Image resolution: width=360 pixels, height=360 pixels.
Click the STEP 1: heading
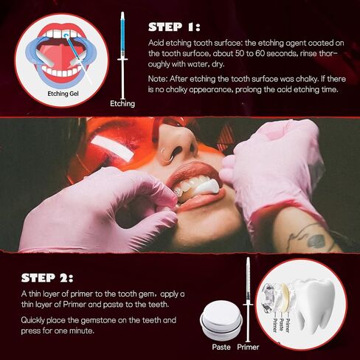pyautogui.click(x=174, y=27)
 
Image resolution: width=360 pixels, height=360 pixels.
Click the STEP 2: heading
pyautogui.click(x=47, y=278)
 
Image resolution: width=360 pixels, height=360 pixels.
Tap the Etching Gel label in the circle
pyautogui.click(x=63, y=94)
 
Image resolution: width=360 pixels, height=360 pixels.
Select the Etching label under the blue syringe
pyautogui.click(x=122, y=103)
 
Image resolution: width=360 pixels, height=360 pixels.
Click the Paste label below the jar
pyautogui.click(x=221, y=347)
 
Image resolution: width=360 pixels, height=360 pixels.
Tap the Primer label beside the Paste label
pyautogui.click(x=248, y=347)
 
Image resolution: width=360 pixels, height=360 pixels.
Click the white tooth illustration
pyautogui.click(x=312, y=305)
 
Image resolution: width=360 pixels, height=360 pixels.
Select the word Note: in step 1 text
pyautogui.click(x=158, y=79)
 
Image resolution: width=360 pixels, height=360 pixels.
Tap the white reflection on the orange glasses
pyautogui.click(x=113, y=147)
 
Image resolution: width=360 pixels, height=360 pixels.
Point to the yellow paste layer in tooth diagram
pyautogui.click(x=285, y=297)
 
